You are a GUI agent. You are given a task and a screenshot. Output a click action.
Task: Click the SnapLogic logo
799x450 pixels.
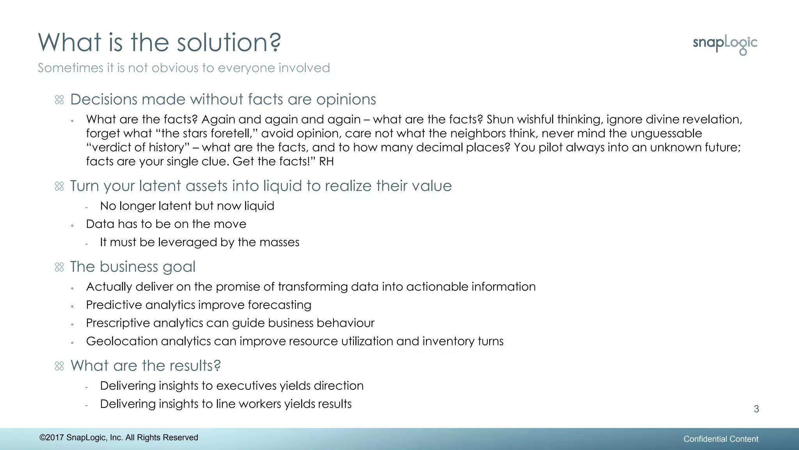[725, 44]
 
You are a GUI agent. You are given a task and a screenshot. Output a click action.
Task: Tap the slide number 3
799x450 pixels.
[756, 409]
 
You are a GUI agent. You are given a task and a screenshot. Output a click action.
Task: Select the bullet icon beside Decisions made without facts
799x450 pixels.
[59, 100]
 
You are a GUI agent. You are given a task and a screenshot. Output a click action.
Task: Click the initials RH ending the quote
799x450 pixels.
[326, 161]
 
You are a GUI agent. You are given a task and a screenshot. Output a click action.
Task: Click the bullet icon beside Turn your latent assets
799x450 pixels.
[59, 186]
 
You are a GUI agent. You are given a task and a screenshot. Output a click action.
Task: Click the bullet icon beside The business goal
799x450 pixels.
[59, 267]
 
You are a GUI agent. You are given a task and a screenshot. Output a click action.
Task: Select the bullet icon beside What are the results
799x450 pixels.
[59, 366]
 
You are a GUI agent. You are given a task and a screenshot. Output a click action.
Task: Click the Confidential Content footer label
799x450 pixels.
[721, 439]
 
